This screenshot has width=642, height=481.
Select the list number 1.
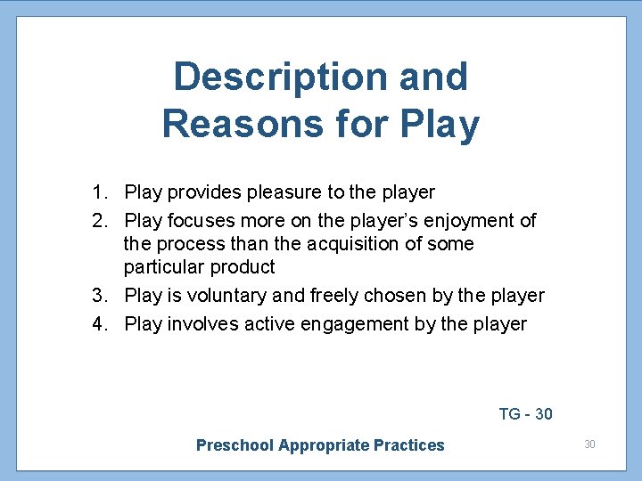click(98, 192)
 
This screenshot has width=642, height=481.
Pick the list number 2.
click(98, 221)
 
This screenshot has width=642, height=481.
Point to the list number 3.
click(98, 296)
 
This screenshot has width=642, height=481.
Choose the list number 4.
click(98, 324)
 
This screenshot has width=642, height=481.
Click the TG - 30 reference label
click(525, 414)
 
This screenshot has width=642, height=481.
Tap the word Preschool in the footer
click(235, 445)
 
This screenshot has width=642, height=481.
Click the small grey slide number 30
click(589, 444)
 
